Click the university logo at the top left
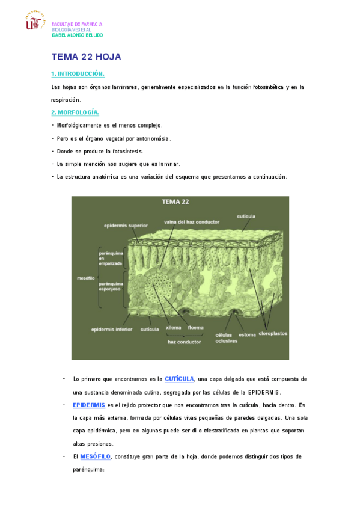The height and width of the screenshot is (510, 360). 35,22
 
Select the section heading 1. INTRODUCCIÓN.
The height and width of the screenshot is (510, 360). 78,73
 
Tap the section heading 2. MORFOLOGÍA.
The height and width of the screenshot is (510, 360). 75,112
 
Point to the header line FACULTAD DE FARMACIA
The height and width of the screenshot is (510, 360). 77,24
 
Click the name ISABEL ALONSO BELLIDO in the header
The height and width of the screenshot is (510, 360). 78,35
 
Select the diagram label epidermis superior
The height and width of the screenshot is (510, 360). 126,226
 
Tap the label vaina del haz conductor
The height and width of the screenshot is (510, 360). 190,221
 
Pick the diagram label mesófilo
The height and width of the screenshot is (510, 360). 85,278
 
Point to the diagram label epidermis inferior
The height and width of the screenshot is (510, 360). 112,329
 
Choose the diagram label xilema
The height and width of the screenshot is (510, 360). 173,328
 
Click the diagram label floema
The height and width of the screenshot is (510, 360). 195,328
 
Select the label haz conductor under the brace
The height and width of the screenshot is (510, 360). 184,342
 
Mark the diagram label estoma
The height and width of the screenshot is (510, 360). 247,334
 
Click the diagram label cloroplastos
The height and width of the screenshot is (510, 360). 273,334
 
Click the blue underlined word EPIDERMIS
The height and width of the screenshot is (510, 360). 89,405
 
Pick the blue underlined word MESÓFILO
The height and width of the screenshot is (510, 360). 95,456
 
